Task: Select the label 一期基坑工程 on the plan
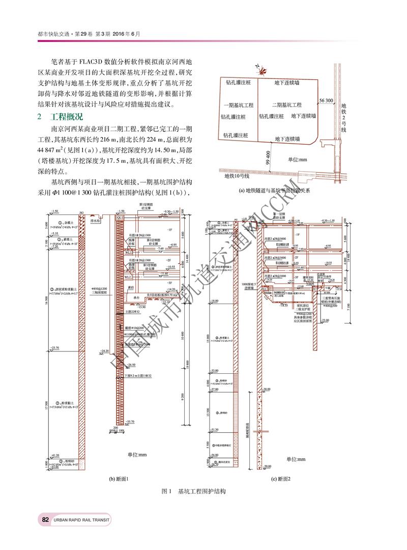(238, 105)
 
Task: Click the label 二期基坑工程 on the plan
(286, 105)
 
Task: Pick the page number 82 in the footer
(45, 519)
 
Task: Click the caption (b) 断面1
(119, 479)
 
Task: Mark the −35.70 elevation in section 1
(130, 422)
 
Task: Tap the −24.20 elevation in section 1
(105, 351)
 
